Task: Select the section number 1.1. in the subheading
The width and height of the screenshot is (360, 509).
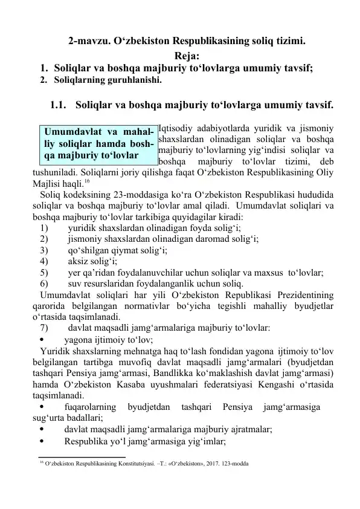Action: click(61, 103)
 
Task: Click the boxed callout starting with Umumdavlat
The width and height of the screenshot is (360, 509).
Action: click(97, 145)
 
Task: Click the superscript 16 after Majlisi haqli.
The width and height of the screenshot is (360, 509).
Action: click(87, 181)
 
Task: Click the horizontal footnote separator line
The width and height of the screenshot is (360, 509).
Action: click(82, 457)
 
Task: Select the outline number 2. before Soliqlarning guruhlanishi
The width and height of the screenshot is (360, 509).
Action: click(44, 79)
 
